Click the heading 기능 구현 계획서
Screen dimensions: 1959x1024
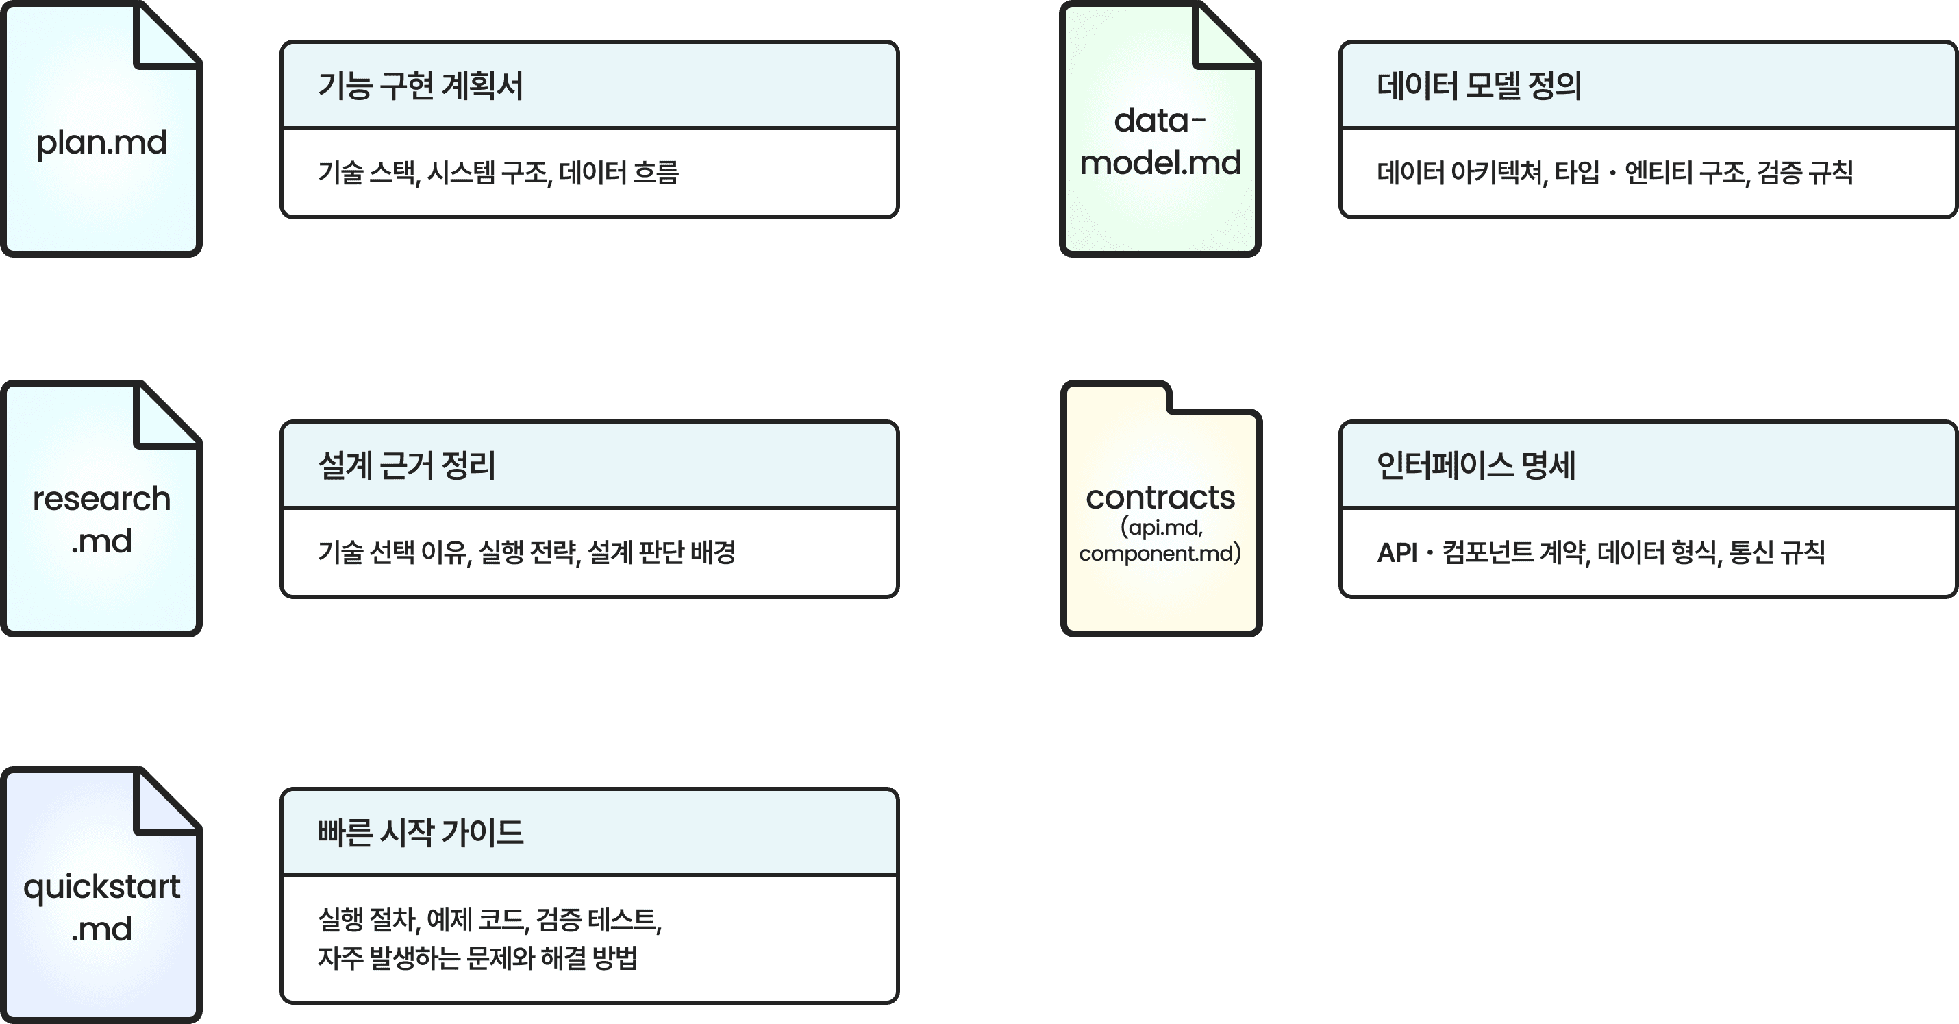tap(420, 85)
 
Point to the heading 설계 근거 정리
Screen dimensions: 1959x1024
tap(406, 465)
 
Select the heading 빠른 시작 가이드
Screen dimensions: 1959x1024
tap(420, 832)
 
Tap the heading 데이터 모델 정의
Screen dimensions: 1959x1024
tap(1478, 85)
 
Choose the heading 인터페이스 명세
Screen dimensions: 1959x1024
tap(1475, 465)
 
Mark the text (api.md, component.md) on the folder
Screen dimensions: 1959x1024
tap(1160, 540)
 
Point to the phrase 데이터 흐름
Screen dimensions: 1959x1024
tap(619, 173)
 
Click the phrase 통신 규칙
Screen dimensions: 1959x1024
tap(1777, 552)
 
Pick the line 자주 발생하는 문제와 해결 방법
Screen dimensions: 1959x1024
tap(477, 958)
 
